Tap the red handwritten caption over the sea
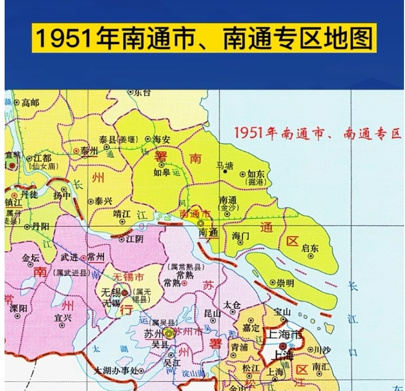coord(317,134)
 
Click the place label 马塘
coord(225,165)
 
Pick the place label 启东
coord(309,248)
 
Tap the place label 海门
coord(241,236)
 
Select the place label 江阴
coord(134,239)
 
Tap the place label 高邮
coord(30,103)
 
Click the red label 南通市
coord(195,213)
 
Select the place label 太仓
coord(232,304)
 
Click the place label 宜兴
coord(63,318)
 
